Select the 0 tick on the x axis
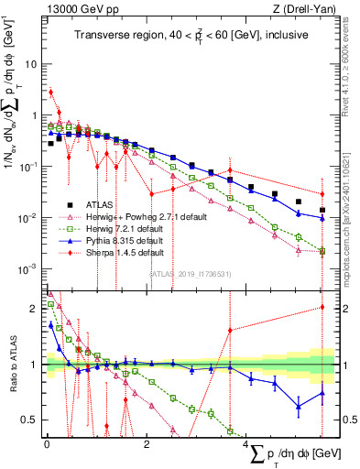tap(47, 444)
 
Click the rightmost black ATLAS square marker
tap(322, 210)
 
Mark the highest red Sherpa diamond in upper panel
tap(51, 92)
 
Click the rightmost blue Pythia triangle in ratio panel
tap(322, 393)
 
